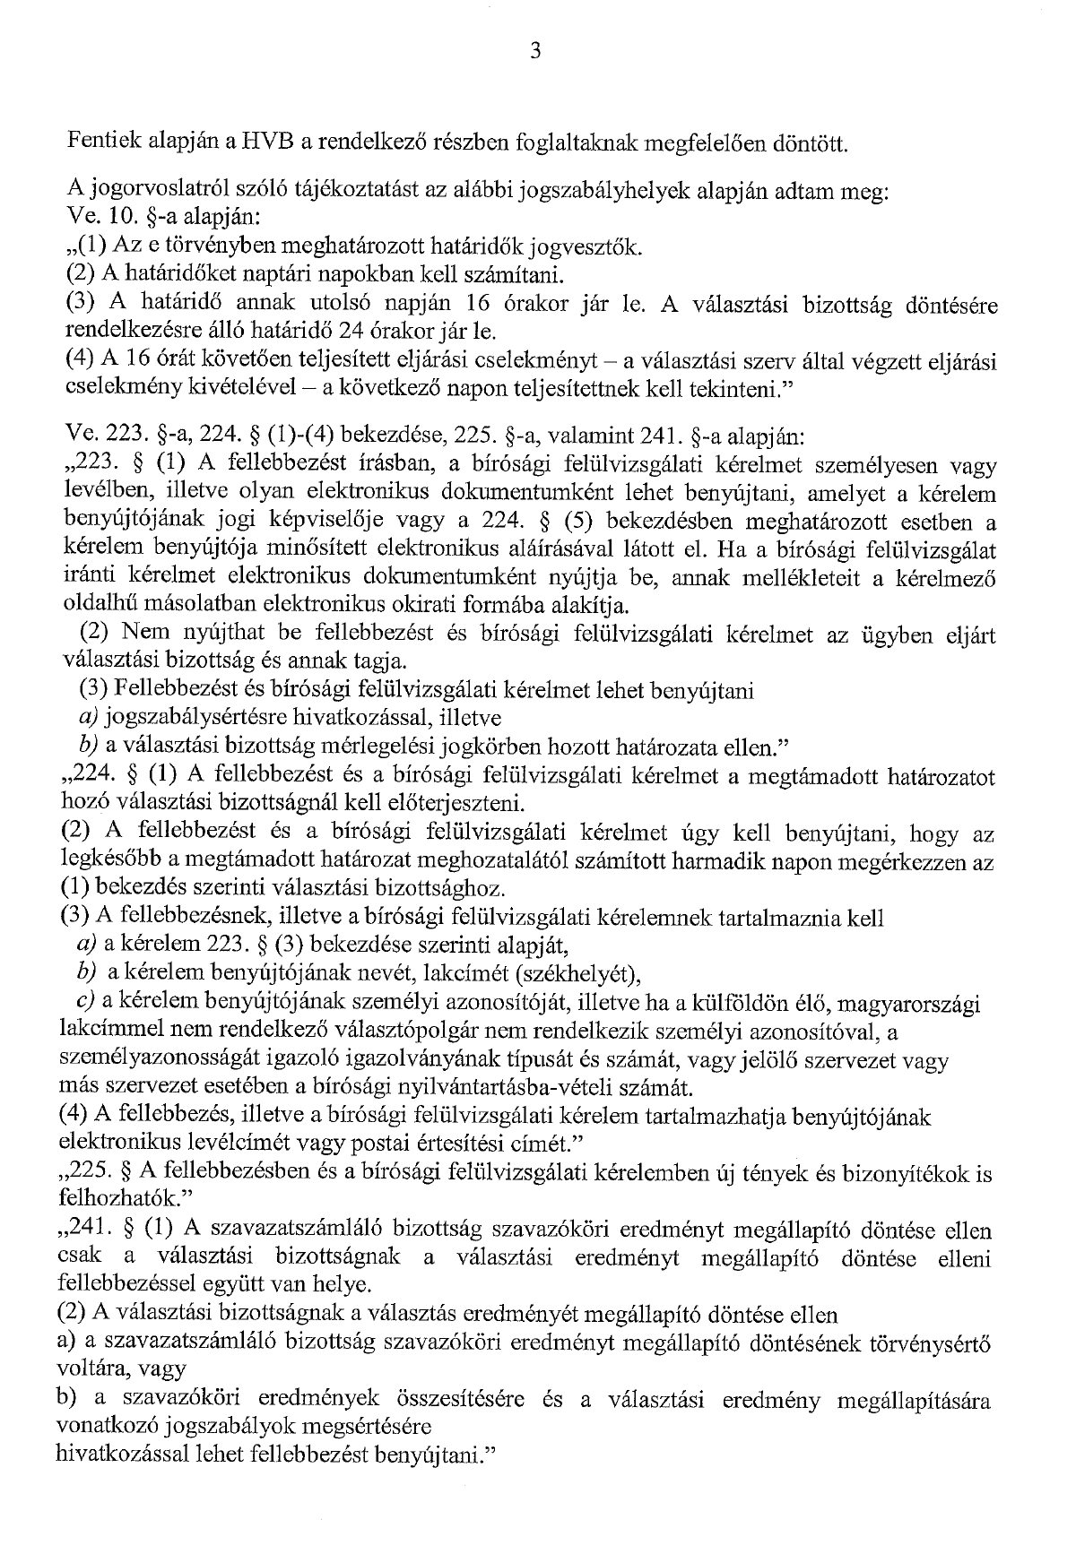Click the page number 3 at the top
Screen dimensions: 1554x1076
(x=535, y=51)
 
